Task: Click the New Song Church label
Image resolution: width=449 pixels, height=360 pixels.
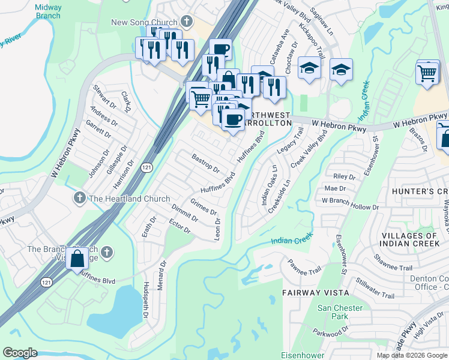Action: point(145,23)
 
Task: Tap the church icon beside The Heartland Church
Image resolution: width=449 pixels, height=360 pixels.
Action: point(79,197)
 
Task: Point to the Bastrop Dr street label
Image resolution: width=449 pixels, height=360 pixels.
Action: point(205,161)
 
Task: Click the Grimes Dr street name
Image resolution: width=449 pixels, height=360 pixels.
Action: point(203,206)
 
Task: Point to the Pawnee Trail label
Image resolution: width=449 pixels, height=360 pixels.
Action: point(304,268)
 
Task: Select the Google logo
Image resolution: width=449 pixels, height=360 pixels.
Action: point(20,353)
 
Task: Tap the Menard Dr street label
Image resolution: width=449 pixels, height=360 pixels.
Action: point(161,275)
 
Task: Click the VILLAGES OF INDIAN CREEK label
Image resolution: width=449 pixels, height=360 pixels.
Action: point(409,240)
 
